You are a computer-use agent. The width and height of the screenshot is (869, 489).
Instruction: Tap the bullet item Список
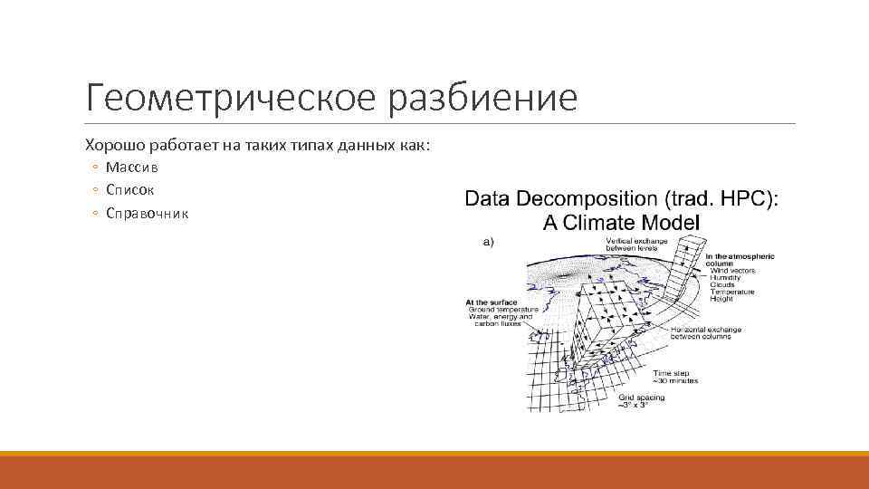[x=129, y=190]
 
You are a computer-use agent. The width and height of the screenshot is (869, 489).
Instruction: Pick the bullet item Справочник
[x=147, y=214]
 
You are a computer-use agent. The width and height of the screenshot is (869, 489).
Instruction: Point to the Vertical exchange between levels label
[x=636, y=244]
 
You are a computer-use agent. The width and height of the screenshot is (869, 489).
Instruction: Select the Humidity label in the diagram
[x=726, y=277]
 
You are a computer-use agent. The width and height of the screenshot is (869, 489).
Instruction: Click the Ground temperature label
[x=503, y=309]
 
